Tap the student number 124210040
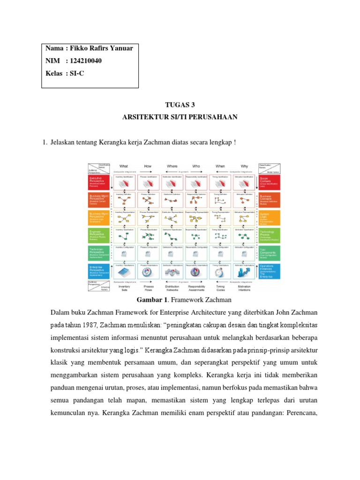pyautogui.click(x=85, y=61)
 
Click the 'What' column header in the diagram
pyautogui.click(x=124, y=166)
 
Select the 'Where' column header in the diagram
pyautogui.click(x=172, y=166)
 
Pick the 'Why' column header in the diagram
pyautogui.click(x=244, y=166)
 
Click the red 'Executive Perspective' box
pyautogui.click(x=98, y=182)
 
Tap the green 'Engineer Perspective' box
pyautogui.click(x=98, y=234)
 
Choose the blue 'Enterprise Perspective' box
pyautogui.click(x=98, y=270)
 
